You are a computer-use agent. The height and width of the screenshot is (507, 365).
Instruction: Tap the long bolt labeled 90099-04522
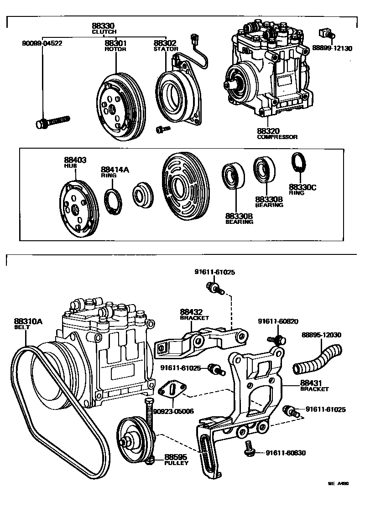point(52,122)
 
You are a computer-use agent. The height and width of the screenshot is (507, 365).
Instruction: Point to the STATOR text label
point(165,49)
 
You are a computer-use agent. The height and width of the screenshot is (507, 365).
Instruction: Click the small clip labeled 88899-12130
point(326,33)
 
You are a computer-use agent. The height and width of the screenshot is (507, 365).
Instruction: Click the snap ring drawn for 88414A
point(113,200)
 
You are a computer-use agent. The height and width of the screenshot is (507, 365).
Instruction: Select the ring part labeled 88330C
point(298,164)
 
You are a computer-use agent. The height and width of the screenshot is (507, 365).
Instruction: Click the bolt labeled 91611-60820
point(275,339)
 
